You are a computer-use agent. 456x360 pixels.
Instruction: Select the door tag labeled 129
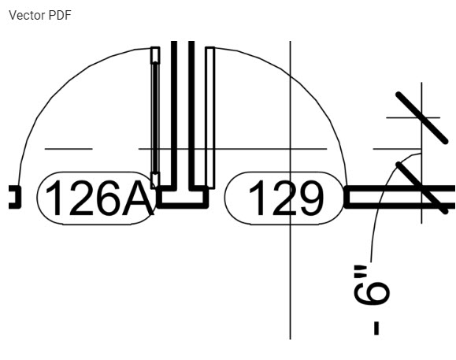click(284, 198)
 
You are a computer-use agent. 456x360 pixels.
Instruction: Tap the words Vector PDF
click(40, 15)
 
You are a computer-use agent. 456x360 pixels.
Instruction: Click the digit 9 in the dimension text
click(372, 293)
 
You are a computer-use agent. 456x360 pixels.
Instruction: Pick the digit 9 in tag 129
click(310, 198)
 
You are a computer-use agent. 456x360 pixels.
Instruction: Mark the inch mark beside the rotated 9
click(360, 270)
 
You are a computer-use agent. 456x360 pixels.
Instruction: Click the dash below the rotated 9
click(376, 328)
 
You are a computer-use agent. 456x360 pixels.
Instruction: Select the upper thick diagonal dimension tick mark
click(421, 118)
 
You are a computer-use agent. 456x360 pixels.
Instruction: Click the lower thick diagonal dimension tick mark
click(421, 188)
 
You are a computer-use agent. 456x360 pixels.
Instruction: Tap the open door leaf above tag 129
click(210, 118)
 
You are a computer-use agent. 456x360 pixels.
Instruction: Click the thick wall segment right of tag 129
click(399, 197)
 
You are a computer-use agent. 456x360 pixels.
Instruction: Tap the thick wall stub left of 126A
click(15, 197)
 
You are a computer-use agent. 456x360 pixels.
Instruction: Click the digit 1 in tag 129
click(257, 198)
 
